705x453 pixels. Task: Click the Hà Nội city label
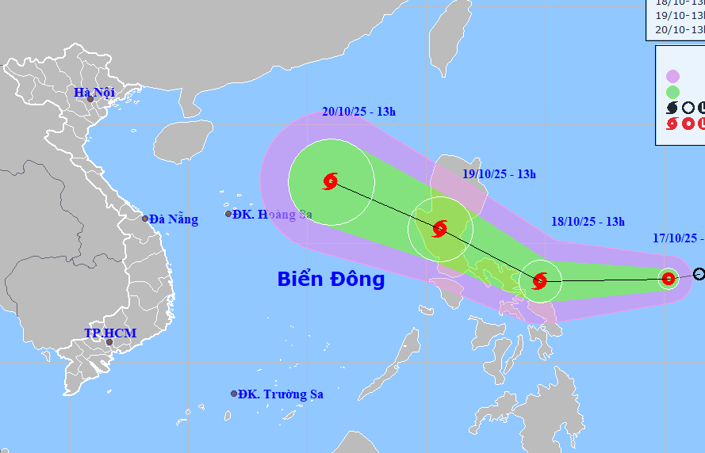click(x=94, y=92)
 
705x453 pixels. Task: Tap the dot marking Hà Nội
click(x=90, y=100)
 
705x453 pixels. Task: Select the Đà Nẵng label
click(x=174, y=219)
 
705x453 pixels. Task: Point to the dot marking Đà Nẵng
click(x=145, y=219)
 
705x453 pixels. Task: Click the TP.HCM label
click(x=110, y=333)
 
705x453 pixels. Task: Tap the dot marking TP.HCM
click(x=109, y=342)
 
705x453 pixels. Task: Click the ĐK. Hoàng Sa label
click(x=269, y=214)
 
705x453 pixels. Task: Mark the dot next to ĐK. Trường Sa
click(x=234, y=394)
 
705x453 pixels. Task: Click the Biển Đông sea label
click(x=331, y=279)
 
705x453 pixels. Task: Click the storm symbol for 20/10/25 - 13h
click(x=331, y=181)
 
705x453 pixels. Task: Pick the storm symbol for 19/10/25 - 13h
click(x=439, y=230)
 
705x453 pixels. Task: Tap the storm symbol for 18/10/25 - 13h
click(x=540, y=280)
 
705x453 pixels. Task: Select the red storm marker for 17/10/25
click(x=669, y=278)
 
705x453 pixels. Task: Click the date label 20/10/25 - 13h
click(x=359, y=112)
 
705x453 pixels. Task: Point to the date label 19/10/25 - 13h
click(x=500, y=174)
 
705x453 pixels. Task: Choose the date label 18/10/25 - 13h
click(x=588, y=222)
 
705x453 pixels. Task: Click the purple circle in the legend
click(x=672, y=76)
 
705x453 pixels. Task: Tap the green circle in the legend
click(x=672, y=92)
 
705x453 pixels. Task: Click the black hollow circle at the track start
click(x=699, y=274)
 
